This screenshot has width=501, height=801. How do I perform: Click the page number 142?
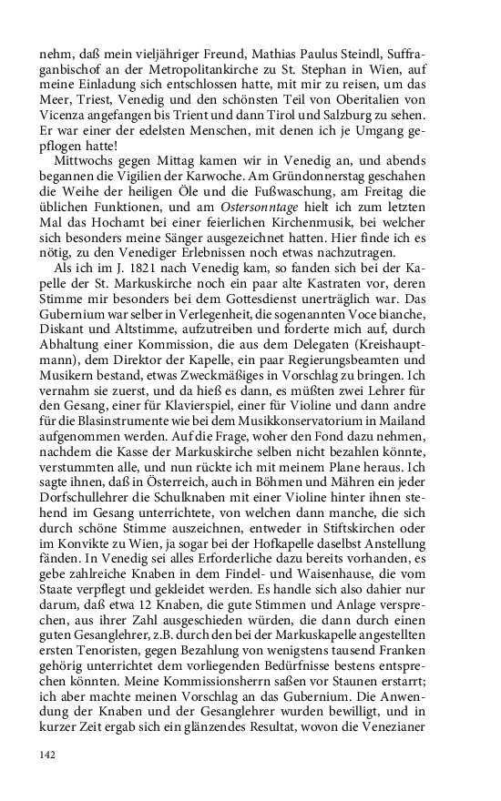[x=47, y=755]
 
